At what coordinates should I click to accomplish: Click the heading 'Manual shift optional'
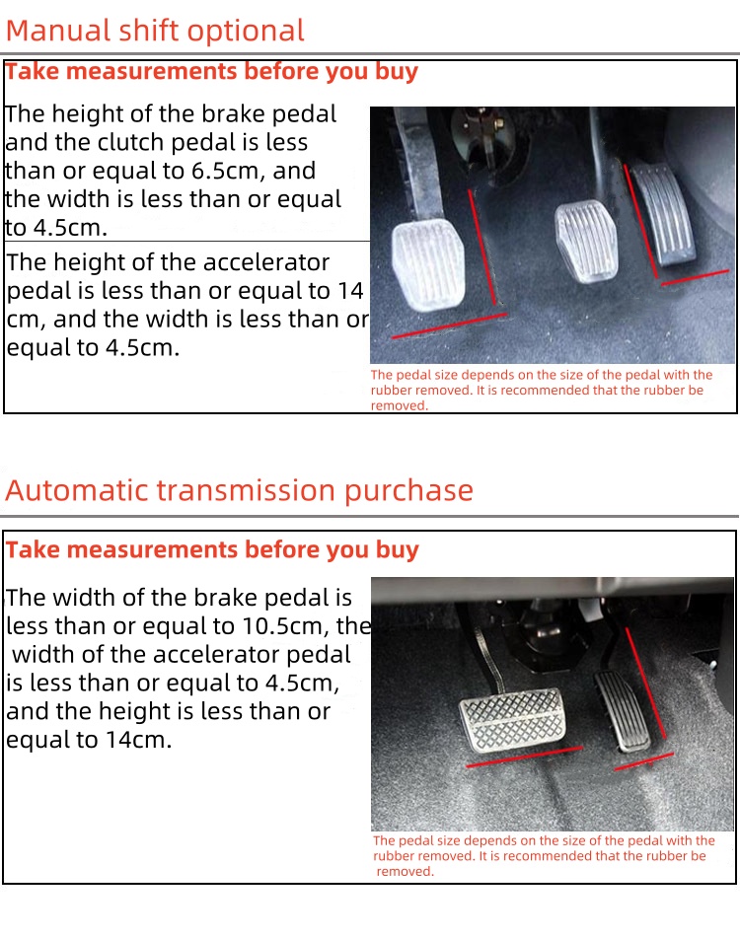155,32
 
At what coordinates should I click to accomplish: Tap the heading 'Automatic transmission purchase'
239,490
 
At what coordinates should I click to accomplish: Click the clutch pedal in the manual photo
428,263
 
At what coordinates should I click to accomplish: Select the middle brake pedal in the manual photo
586,240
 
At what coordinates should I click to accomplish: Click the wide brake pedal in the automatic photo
513,719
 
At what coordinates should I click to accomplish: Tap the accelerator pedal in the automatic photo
622,711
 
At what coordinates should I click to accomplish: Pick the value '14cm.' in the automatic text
139,740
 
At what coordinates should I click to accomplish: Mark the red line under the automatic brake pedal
524,757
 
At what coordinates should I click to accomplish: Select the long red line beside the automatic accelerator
645,683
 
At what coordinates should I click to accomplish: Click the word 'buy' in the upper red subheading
396,72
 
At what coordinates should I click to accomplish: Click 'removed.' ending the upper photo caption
399,406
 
